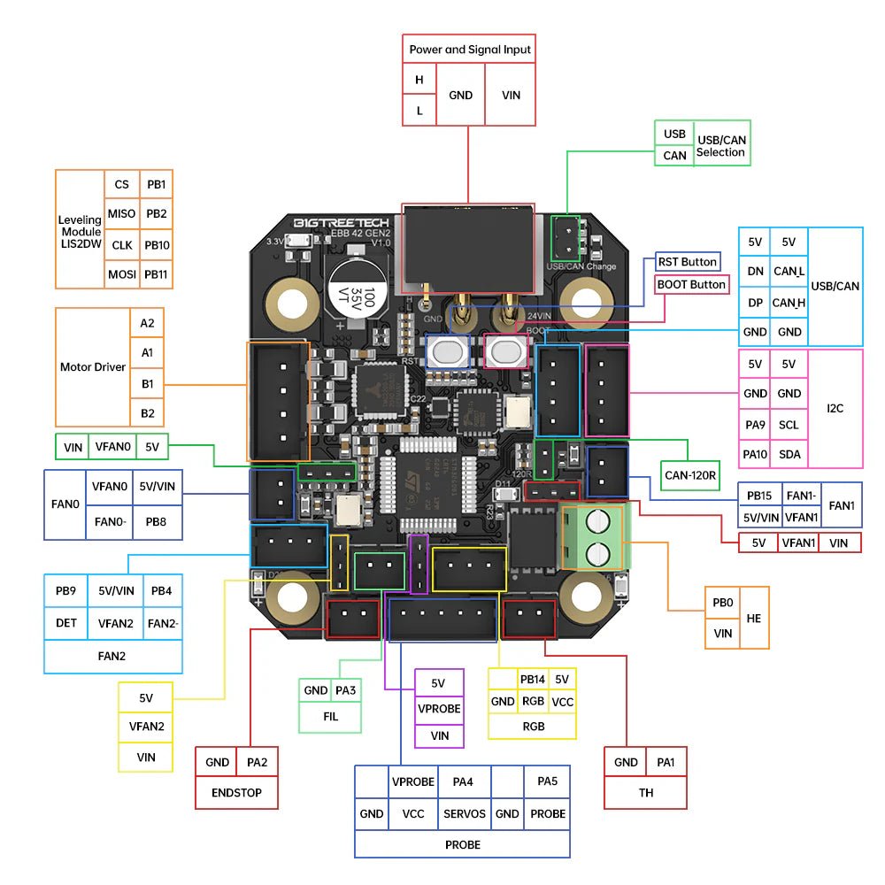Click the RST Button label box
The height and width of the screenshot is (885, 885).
pyautogui.click(x=687, y=262)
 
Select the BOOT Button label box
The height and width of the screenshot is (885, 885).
pyautogui.click(x=691, y=285)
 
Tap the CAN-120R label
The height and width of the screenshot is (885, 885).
pyautogui.click(x=691, y=474)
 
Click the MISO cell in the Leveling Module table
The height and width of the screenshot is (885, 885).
pyautogui.click(x=121, y=213)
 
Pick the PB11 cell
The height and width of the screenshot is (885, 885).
pyautogui.click(x=156, y=274)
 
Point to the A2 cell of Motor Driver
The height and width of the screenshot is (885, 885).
pyautogui.click(x=147, y=323)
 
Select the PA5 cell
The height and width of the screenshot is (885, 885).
pyautogui.click(x=547, y=781)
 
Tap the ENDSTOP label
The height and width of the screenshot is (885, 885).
pyautogui.click(x=236, y=793)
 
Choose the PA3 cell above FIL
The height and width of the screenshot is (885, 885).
pyautogui.click(x=346, y=690)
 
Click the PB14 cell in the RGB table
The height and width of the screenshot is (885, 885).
pyautogui.click(x=532, y=680)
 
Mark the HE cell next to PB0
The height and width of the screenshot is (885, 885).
pyautogui.click(x=753, y=618)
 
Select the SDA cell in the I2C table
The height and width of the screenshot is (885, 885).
pyautogui.click(x=788, y=454)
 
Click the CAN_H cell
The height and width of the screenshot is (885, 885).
pyautogui.click(x=788, y=303)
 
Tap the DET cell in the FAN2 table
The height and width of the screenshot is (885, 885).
pyautogui.click(x=66, y=623)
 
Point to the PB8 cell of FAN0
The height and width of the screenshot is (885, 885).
pyautogui.click(x=156, y=522)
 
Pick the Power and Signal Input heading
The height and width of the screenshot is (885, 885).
pyautogui.click(x=470, y=50)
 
